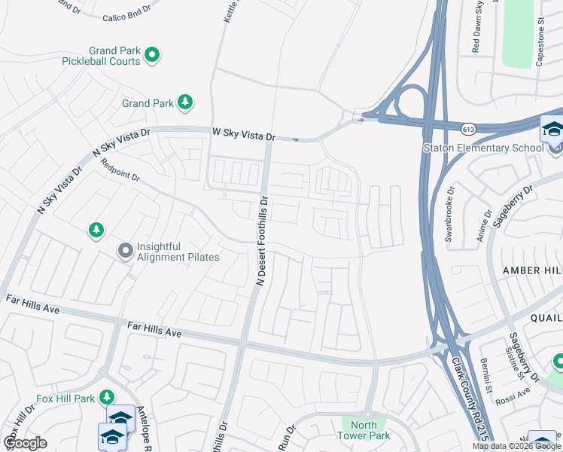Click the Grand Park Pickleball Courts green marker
click(x=152, y=53)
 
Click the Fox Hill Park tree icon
click(x=107, y=397)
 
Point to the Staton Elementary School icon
click(x=552, y=130)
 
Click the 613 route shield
click(x=468, y=130)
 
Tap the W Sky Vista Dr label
click(x=244, y=135)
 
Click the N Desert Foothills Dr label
click(x=263, y=241)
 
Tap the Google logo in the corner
click(x=25, y=442)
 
